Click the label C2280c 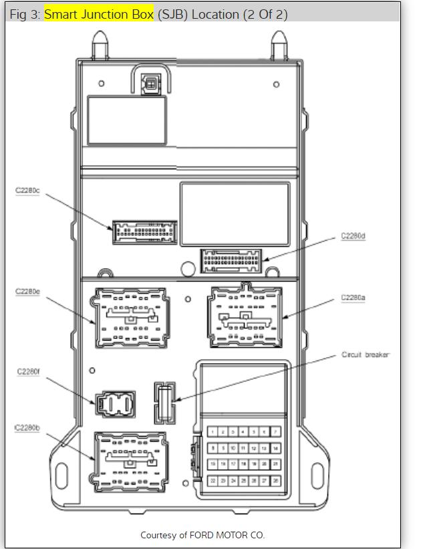pyautogui.click(x=28, y=191)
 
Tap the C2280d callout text pyautogui.click(x=353, y=236)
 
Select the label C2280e pyautogui.click(x=28, y=292)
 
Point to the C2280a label pyautogui.click(x=353, y=297)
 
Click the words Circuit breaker pyautogui.click(x=365, y=354)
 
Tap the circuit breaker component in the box pyautogui.click(x=164, y=403)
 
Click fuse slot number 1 pyautogui.click(x=214, y=432)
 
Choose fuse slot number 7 pyautogui.click(x=275, y=432)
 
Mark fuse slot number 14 pyautogui.click(x=275, y=448)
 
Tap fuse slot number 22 pyautogui.click(x=214, y=480)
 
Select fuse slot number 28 pyautogui.click(x=275, y=480)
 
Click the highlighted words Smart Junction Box pyautogui.click(x=99, y=14)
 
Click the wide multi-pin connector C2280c pyautogui.click(x=145, y=231)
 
